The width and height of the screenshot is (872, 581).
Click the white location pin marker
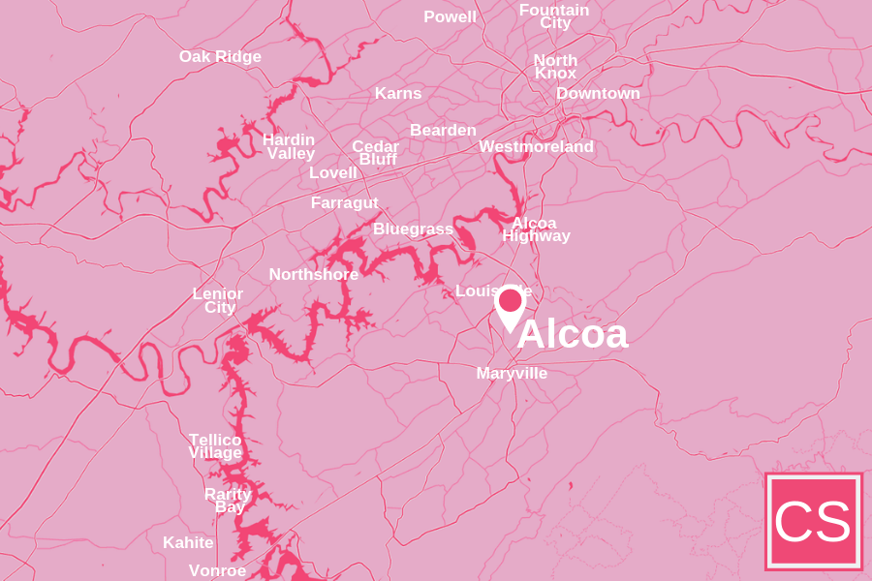[x=510, y=304]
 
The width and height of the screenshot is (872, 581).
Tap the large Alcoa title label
[x=573, y=335]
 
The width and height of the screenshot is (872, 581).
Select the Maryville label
[x=512, y=373]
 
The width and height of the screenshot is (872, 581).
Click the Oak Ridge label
[x=220, y=56]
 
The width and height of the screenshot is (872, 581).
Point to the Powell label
[x=450, y=16]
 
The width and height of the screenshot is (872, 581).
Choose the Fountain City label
[x=554, y=15]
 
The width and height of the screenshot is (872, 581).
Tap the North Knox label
[x=555, y=66]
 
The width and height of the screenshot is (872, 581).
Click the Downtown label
[x=598, y=93]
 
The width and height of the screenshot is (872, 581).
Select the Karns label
[x=398, y=93]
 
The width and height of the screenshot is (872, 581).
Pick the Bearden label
[x=443, y=130]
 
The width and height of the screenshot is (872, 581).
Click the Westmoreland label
[x=536, y=146]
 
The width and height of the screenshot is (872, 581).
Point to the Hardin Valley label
[x=290, y=146]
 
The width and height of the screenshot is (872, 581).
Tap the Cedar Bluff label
[x=376, y=152]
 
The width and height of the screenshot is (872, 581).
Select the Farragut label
[x=344, y=202]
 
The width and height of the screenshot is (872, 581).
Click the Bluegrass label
[x=413, y=229]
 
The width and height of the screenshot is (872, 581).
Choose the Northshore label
[x=313, y=274]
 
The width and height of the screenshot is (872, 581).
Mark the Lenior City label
[x=218, y=300]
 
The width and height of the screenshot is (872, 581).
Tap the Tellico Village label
[x=215, y=445]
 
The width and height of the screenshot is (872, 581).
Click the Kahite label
[x=188, y=542]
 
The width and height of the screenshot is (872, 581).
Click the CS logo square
[x=813, y=521]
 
